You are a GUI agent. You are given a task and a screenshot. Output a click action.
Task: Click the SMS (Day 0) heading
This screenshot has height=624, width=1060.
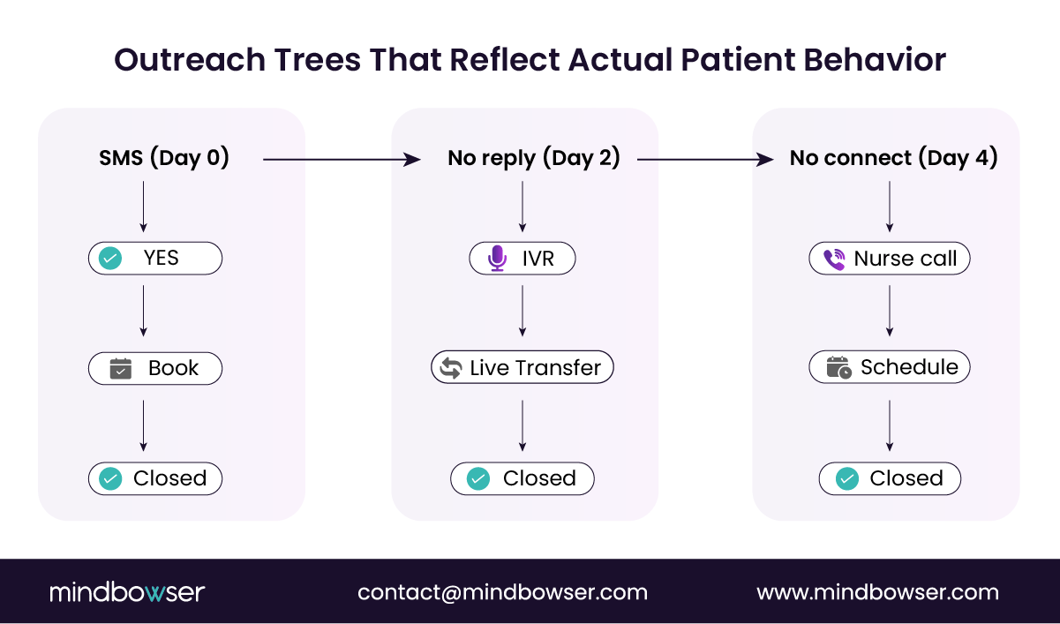[x=164, y=158]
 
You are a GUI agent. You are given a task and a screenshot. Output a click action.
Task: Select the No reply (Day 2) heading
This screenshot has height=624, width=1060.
[x=533, y=158]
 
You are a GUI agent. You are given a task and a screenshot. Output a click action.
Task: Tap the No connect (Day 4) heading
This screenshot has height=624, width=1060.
[x=893, y=158]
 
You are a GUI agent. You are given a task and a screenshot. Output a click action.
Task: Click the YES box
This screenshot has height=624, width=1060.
[x=155, y=259]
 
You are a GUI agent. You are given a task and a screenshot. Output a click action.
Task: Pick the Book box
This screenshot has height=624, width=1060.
[x=155, y=368]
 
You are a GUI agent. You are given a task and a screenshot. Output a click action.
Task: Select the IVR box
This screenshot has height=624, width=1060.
[x=522, y=259]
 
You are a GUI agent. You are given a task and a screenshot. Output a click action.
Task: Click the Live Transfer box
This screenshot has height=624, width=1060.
[x=522, y=368]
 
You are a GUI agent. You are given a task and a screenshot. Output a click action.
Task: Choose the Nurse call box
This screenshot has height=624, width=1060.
[x=890, y=259]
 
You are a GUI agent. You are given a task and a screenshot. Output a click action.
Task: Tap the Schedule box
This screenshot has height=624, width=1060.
[x=890, y=368]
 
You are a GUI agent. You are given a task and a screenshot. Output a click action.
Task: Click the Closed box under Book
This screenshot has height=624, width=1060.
[x=155, y=478]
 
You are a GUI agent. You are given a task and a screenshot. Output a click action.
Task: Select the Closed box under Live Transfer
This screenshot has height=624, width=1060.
[x=522, y=478]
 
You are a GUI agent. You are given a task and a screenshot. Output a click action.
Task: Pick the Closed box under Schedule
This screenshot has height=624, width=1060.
[x=890, y=478]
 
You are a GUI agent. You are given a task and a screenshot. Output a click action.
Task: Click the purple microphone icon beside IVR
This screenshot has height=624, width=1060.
[x=498, y=259]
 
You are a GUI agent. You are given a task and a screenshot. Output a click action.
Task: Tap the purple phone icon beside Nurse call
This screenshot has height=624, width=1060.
[x=833, y=259]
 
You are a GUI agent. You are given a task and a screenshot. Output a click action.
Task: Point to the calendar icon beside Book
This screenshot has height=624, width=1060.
[x=120, y=368]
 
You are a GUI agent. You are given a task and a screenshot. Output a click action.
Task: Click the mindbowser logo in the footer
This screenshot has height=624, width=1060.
[x=127, y=592]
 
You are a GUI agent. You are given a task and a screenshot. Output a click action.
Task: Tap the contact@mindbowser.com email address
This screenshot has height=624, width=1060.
[x=502, y=592]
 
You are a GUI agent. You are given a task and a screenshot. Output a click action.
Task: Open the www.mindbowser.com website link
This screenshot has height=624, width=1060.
[x=877, y=592]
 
